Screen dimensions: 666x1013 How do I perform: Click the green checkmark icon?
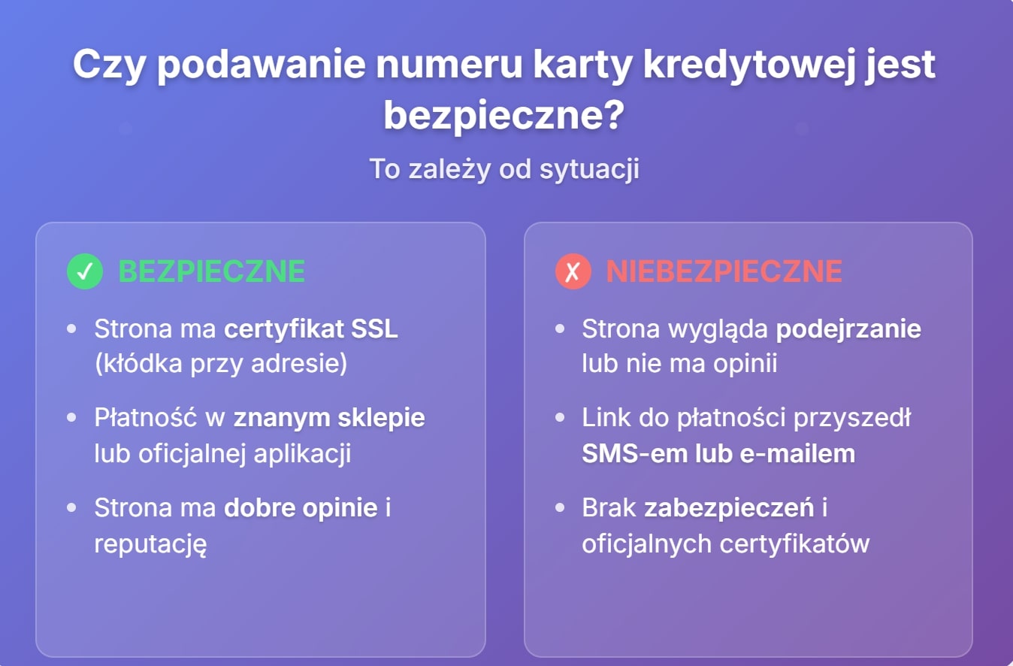(x=84, y=271)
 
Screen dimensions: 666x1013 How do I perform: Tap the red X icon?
(x=573, y=271)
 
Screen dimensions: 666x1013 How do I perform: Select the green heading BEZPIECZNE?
(x=211, y=271)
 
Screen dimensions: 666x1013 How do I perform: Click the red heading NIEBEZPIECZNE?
(x=724, y=271)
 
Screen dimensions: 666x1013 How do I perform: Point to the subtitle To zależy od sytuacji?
(x=503, y=169)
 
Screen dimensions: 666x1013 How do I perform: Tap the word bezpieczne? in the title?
(x=503, y=117)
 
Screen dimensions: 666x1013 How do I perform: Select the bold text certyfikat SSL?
(x=311, y=329)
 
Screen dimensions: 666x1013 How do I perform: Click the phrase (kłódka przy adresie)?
(x=221, y=364)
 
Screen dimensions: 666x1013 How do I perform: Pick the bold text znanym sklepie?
(x=329, y=418)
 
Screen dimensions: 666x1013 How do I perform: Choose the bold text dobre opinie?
(x=301, y=507)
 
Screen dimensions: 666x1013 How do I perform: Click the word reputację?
(x=150, y=543)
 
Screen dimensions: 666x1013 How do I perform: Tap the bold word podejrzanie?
(x=848, y=329)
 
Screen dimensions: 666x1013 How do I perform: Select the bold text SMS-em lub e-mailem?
(x=718, y=453)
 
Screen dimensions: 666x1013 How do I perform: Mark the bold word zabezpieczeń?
(x=729, y=507)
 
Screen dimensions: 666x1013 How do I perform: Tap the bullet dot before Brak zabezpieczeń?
(x=560, y=508)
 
